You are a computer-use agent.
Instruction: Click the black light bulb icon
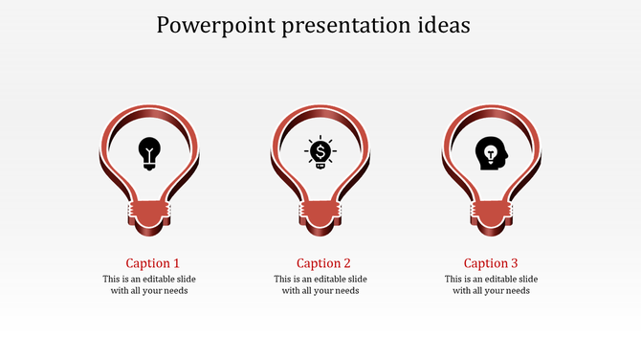coord(149,152)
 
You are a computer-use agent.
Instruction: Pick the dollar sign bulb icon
coord(320,152)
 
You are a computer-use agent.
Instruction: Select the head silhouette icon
coord(491,152)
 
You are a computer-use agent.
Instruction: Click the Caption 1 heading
coord(152,263)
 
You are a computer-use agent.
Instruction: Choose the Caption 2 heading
coord(323,263)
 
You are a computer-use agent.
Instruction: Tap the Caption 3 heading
coord(491,263)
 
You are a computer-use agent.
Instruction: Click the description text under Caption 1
coord(149,285)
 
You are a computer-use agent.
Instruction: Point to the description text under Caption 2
coord(320,285)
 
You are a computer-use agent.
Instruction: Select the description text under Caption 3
coord(491,285)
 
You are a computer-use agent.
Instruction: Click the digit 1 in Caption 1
coord(176,263)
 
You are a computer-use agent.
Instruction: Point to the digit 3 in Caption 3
coord(515,263)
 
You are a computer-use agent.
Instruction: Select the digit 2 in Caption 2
coord(346,263)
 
